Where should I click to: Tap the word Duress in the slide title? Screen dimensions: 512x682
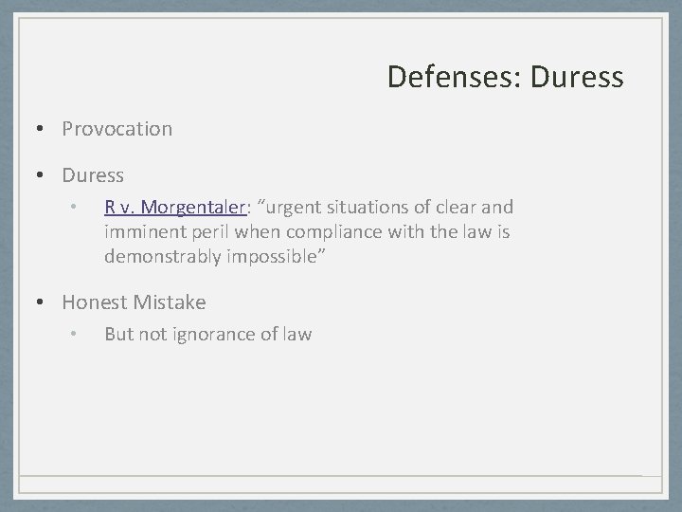577,77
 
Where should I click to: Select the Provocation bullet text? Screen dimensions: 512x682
117,128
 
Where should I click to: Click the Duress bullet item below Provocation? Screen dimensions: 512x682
93,175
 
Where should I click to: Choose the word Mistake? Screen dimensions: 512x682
170,302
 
